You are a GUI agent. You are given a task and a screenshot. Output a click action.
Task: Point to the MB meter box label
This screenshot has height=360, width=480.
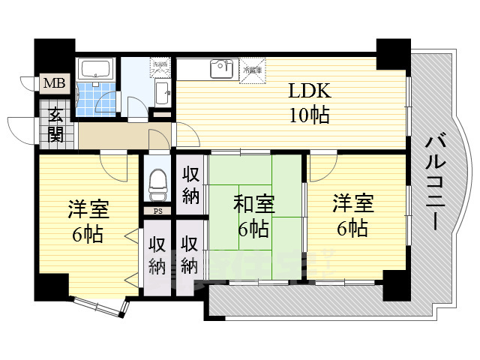click(x=52, y=83)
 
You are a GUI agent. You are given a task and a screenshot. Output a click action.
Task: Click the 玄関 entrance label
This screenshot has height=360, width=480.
click(x=56, y=125)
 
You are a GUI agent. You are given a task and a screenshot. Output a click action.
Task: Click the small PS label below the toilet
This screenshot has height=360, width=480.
click(x=157, y=211)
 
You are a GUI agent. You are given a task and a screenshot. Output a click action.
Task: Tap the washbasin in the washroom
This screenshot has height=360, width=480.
click(x=161, y=94)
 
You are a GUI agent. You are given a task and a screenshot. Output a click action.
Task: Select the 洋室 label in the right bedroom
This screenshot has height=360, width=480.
click(x=352, y=202)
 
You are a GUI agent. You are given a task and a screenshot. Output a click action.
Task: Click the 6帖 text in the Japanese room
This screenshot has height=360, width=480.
click(x=253, y=228)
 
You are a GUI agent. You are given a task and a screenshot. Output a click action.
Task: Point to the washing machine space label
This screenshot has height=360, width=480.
click(x=159, y=67)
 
